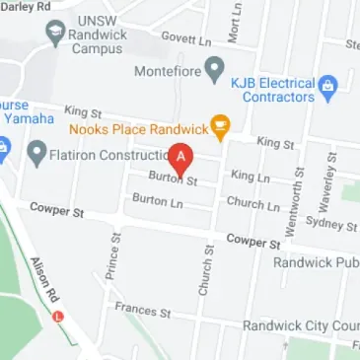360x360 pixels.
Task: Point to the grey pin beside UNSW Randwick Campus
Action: point(55,34)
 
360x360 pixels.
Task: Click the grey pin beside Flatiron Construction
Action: point(36,153)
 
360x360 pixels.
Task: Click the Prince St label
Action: point(112,255)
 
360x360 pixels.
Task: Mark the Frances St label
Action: point(142,310)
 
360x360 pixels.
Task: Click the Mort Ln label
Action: point(234,23)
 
